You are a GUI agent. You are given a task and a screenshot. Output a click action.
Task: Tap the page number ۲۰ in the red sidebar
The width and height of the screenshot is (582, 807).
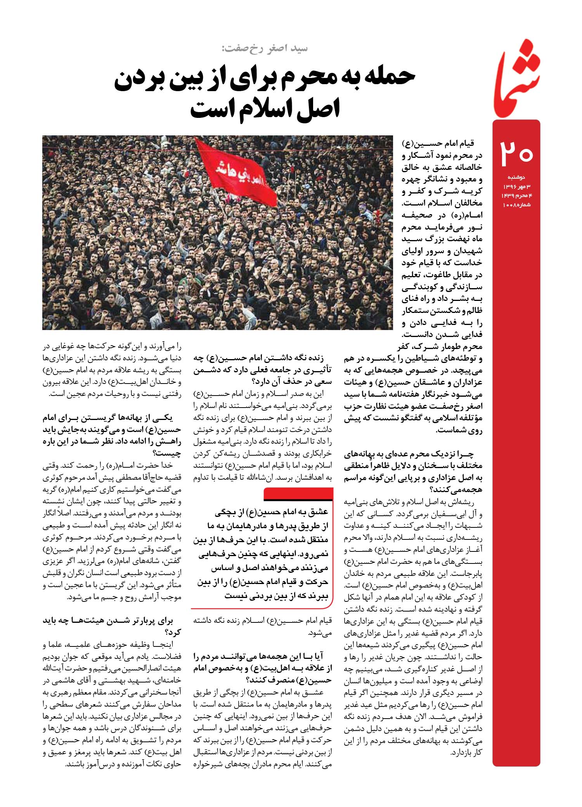[x=517, y=153]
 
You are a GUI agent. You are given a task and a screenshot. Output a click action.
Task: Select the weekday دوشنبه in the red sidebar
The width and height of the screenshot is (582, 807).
[x=516, y=177]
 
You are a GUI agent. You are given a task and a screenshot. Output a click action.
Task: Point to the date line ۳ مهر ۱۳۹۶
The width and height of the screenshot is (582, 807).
[x=516, y=187]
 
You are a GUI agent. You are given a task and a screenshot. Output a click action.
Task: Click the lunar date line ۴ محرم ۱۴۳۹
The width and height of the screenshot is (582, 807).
[x=516, y=195]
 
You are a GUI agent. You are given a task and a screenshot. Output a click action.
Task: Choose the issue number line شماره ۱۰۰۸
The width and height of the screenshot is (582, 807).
[x=516, y=204]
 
